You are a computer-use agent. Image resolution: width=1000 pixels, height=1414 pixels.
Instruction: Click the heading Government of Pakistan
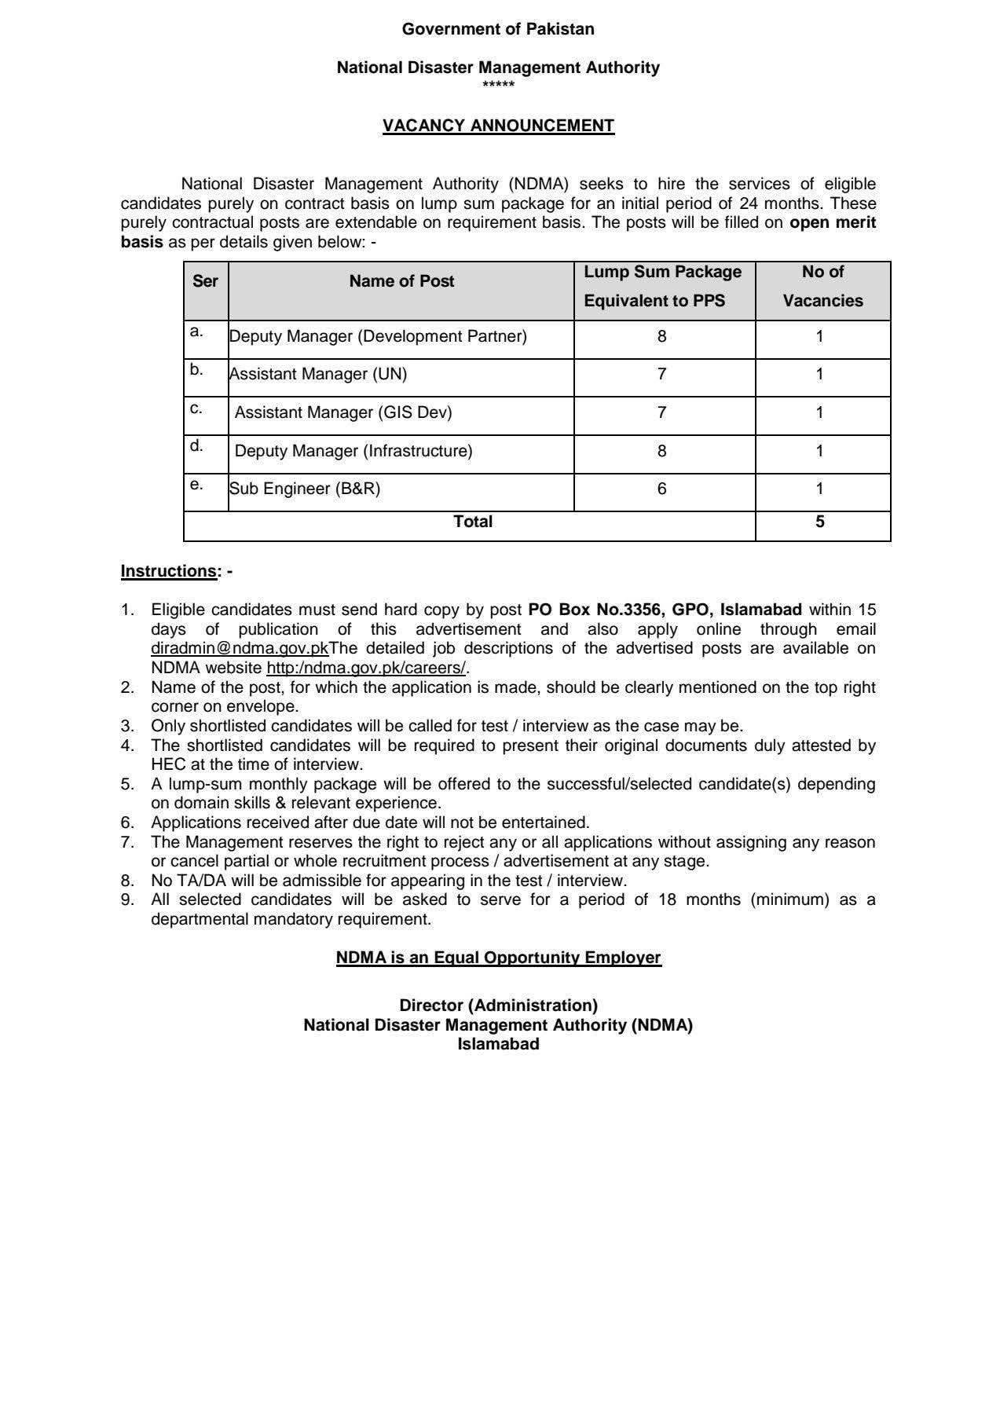click(x=498, y=29)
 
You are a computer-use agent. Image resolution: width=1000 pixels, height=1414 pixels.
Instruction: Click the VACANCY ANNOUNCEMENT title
click(x=498, y=126)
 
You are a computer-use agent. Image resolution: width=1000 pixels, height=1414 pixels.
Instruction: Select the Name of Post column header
click(x=401, y=281)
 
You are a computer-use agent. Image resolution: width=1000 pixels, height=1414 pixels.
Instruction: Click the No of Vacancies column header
click(x=822, y=286)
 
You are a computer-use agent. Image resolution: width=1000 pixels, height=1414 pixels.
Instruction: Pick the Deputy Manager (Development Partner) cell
click(x=378, y=336)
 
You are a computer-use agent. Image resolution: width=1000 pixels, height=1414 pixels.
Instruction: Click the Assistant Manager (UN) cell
click(x=318, y=374)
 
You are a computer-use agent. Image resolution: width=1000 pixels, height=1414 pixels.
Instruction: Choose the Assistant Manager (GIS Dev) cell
click(x=343, y=412)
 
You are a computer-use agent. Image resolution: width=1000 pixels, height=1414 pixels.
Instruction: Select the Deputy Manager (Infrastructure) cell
click(x=353, y=451)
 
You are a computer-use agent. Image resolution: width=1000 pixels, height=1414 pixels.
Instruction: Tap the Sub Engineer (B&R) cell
click(x=305, y=489)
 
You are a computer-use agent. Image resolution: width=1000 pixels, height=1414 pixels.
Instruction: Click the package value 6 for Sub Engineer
click(x=662, y=489)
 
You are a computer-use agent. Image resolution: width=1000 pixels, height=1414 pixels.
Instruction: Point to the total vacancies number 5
click(x=820, y=522)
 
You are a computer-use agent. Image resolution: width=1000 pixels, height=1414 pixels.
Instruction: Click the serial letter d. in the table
click(x=196, y=446)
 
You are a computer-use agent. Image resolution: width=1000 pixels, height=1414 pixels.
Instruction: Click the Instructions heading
click(x=168, y=571)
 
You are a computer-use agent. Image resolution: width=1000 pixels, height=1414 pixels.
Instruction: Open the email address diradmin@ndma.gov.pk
click(x=240, y=649)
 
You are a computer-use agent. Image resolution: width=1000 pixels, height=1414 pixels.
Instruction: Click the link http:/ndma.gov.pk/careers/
click(x=366, y=669)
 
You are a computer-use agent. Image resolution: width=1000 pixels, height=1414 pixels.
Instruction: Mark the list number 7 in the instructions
click(x=127, y=842)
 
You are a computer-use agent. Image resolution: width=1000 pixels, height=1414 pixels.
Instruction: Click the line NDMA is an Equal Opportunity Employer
click(x=498, y=958)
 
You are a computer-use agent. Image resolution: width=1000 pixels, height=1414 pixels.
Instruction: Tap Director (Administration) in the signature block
click(x=498, y=1006)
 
